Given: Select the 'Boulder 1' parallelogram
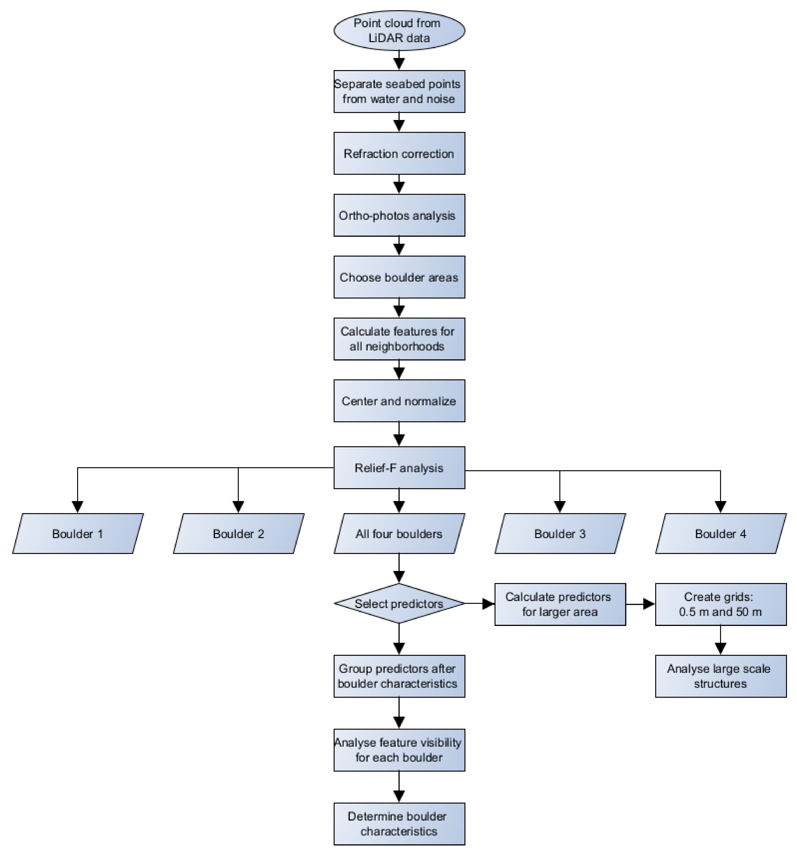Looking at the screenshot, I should coord(78,534).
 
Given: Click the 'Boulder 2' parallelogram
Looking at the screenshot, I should coord(239,534).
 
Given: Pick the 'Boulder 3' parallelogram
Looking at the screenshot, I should coord(560,534).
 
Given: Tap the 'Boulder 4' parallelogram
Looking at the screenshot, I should coord(721,534).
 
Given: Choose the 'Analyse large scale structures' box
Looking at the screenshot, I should coord(721,676).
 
